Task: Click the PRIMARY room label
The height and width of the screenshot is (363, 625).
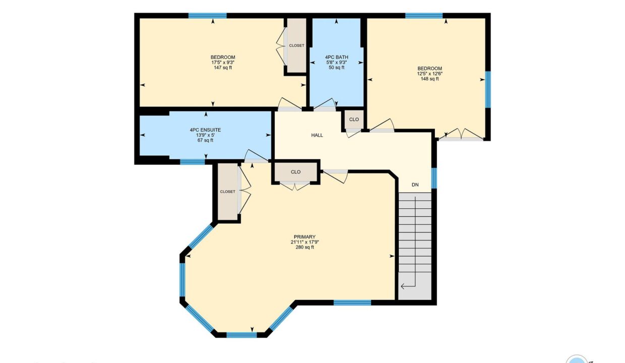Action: click(304, 237)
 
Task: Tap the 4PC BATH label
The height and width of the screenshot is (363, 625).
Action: click(337, 57)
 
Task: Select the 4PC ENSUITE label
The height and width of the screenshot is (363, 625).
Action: click(205, 130)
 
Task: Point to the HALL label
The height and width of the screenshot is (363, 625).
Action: click(317, 135)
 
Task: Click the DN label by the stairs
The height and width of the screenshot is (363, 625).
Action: click(415, 185)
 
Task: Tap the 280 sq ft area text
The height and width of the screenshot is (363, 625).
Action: click(304, 247)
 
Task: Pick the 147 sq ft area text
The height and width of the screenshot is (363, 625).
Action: click(223, 68)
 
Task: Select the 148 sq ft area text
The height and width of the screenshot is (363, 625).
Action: click(429, 79)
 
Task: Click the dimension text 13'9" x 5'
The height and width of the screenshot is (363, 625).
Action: click(205, 135)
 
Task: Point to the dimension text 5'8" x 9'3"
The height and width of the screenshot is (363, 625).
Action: click(337, 63)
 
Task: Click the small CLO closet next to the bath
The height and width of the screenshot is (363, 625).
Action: click(354, 119)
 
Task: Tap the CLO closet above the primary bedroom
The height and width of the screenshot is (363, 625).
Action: click(296, 172)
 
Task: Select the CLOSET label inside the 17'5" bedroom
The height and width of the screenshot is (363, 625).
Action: click(296, 45)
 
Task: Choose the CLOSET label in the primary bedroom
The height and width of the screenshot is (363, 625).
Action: click(227, 192)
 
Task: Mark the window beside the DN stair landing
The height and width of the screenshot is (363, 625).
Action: click(434, 178)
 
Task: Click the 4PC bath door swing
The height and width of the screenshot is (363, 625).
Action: click(325, 104)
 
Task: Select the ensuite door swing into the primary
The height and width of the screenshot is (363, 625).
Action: click(256, 156)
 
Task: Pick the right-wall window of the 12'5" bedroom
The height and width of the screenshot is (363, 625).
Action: click(488, 89)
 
